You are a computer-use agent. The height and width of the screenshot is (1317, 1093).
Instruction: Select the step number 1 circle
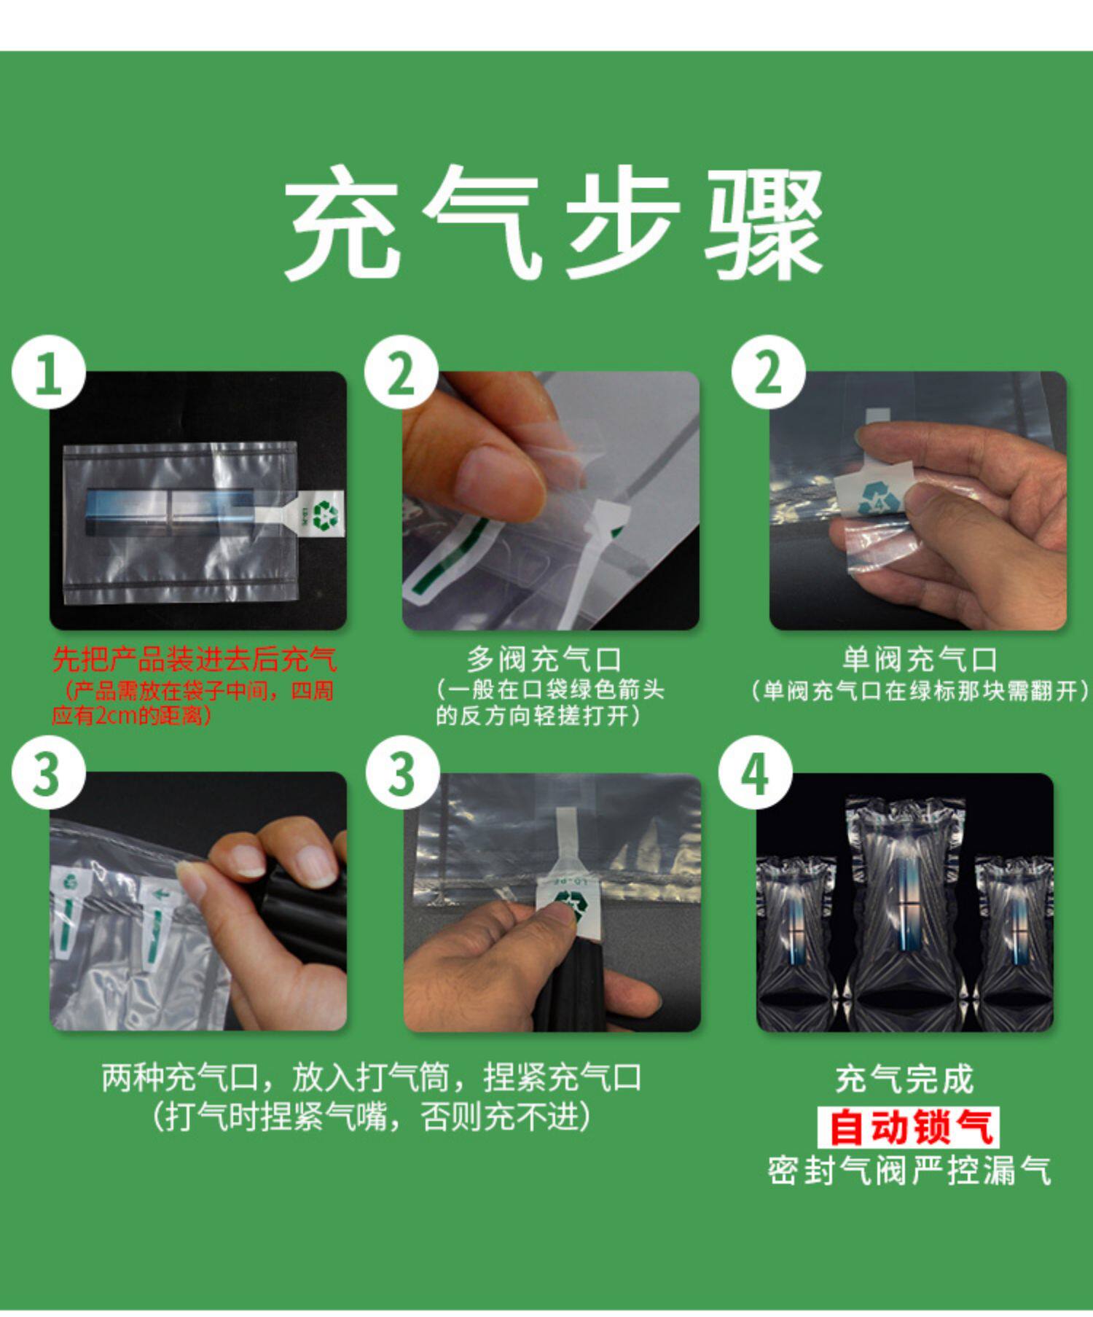tap(48, 372)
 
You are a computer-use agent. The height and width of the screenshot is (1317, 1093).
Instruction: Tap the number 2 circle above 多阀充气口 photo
tap(401, 372)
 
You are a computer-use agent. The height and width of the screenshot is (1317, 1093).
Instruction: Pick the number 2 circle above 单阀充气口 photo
tap(769, 372)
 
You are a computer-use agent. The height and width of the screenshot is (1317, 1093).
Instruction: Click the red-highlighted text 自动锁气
tap(908, 1127)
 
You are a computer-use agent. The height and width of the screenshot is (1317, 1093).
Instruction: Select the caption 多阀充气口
tap(544, 660)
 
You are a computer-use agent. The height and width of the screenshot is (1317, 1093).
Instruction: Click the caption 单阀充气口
tap(920, 660)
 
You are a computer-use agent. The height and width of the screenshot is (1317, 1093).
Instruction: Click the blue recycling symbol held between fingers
tap(874, 498)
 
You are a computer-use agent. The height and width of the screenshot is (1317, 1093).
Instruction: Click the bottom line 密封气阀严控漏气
tap(909, 1172)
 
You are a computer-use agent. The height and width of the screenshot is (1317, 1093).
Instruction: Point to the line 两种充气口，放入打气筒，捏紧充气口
tap(372, 1079)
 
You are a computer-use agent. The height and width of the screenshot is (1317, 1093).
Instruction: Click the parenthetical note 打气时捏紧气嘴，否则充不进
tap(372, 1117)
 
